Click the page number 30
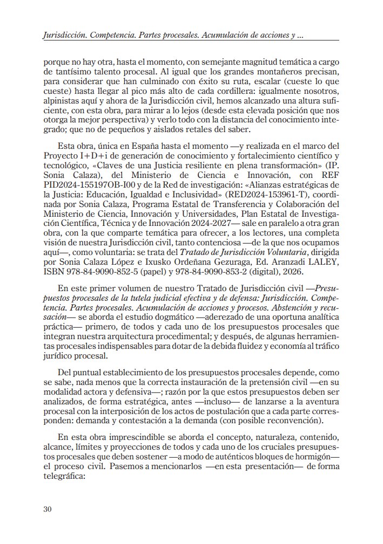[x=48, y=509]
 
